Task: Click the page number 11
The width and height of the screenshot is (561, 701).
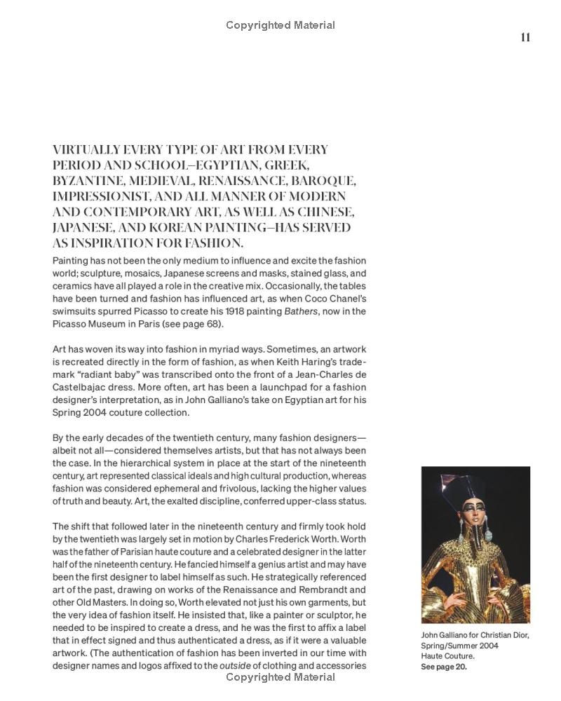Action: (525, 38)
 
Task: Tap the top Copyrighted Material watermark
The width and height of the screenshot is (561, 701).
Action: (280, 25)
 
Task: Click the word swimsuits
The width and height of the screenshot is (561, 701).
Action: (76, 311)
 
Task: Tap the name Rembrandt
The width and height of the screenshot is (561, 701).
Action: (325, 590)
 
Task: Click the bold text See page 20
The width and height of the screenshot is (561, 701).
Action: (444, 667)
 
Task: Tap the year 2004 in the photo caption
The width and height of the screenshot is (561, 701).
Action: (486, 646)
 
